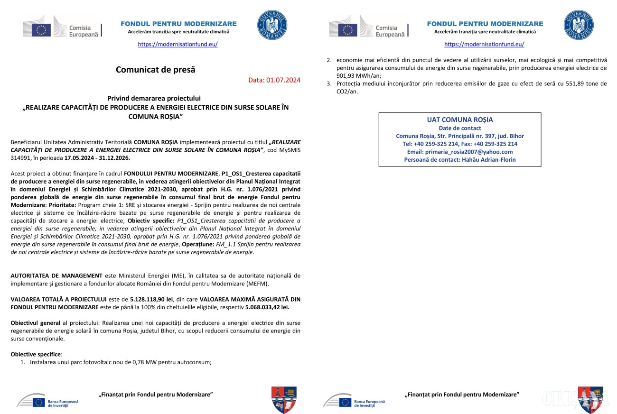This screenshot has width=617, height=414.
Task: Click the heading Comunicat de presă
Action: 156,70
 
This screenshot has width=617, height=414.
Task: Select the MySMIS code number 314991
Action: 20,157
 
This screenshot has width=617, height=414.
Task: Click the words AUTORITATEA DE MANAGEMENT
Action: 56,276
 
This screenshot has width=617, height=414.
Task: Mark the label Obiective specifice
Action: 36,354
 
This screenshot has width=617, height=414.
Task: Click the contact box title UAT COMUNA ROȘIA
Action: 460,120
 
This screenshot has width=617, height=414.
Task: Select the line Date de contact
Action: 460,128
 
